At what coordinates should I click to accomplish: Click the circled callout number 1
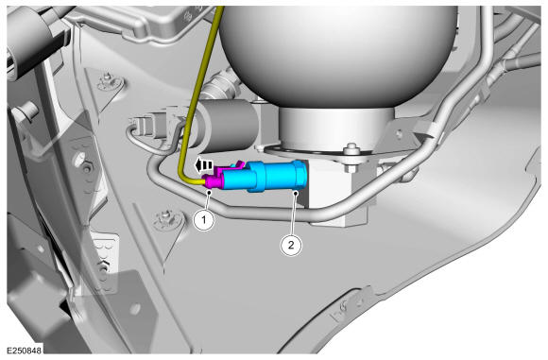[x=204, y=220]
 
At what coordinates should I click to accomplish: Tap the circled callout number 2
[x=291, y=245]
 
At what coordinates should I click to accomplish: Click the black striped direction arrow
[x=203, y=165]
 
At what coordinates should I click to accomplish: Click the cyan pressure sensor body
[x=265, y=177]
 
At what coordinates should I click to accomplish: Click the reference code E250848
[x=24, y=351]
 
